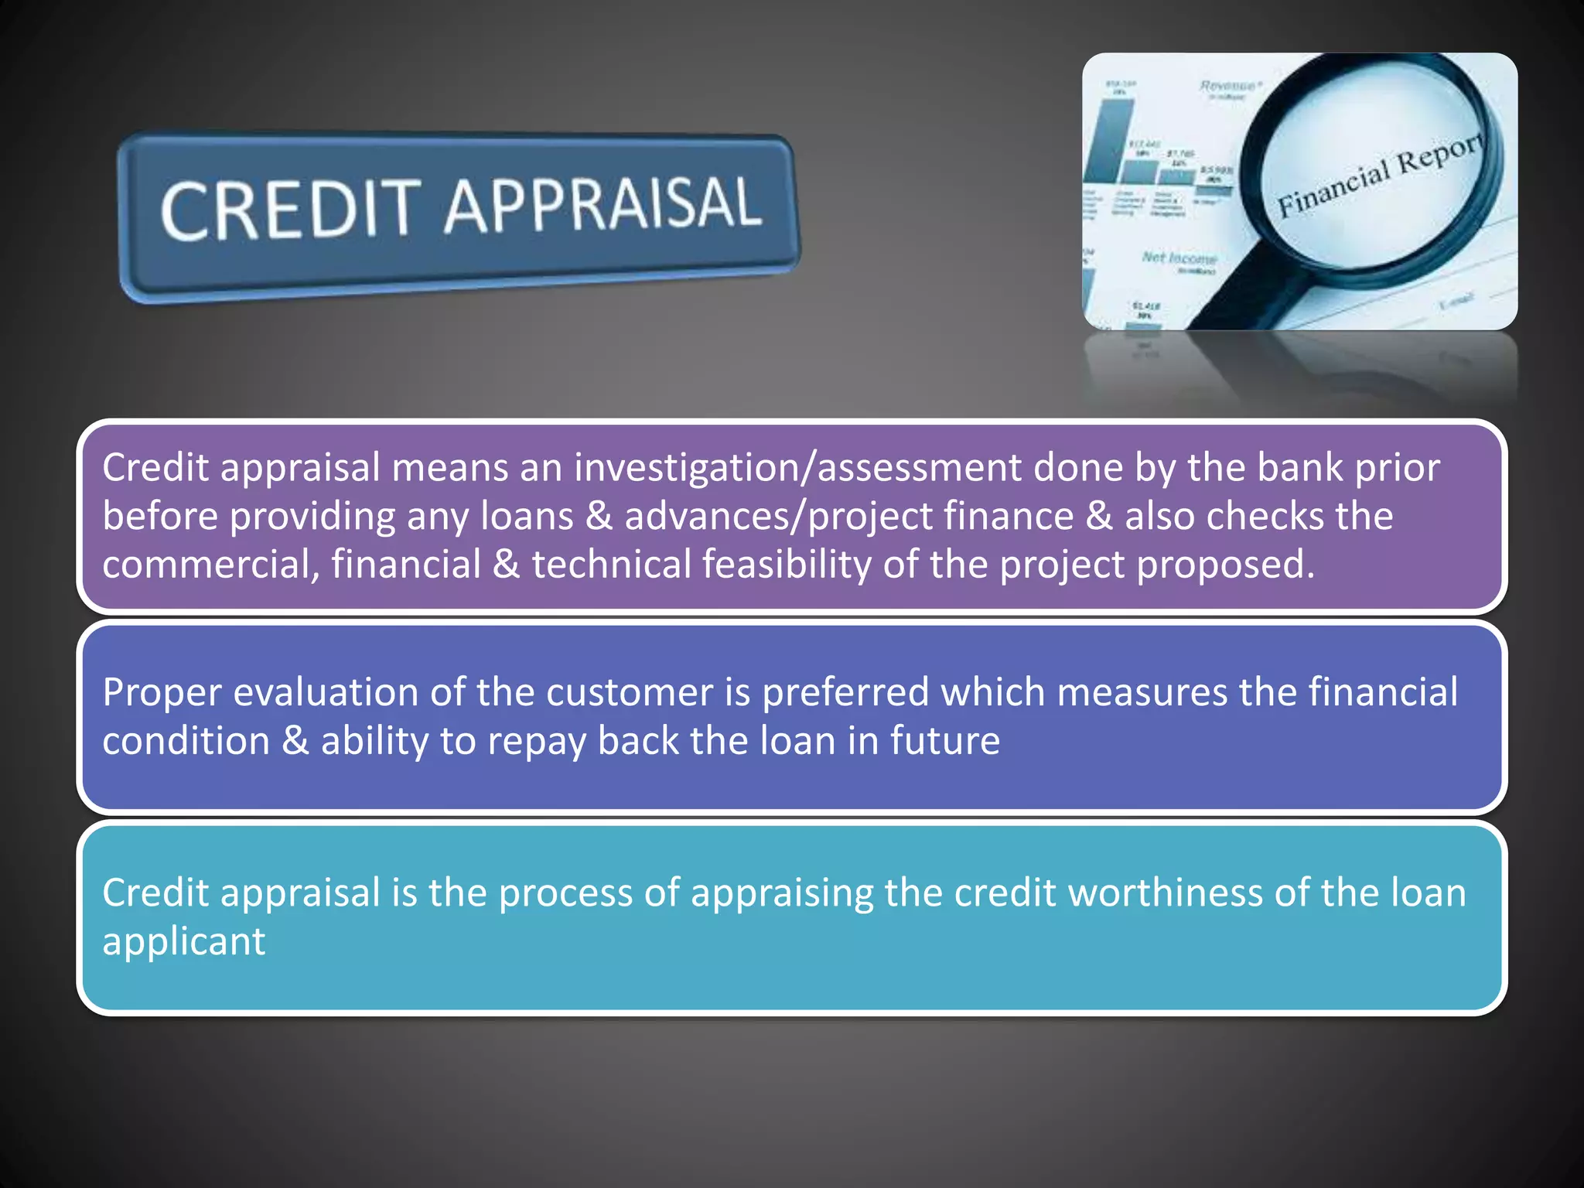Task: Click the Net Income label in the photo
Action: click(1179, 258)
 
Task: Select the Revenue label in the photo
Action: click(1229, 86)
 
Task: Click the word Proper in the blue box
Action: click(162, 693)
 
